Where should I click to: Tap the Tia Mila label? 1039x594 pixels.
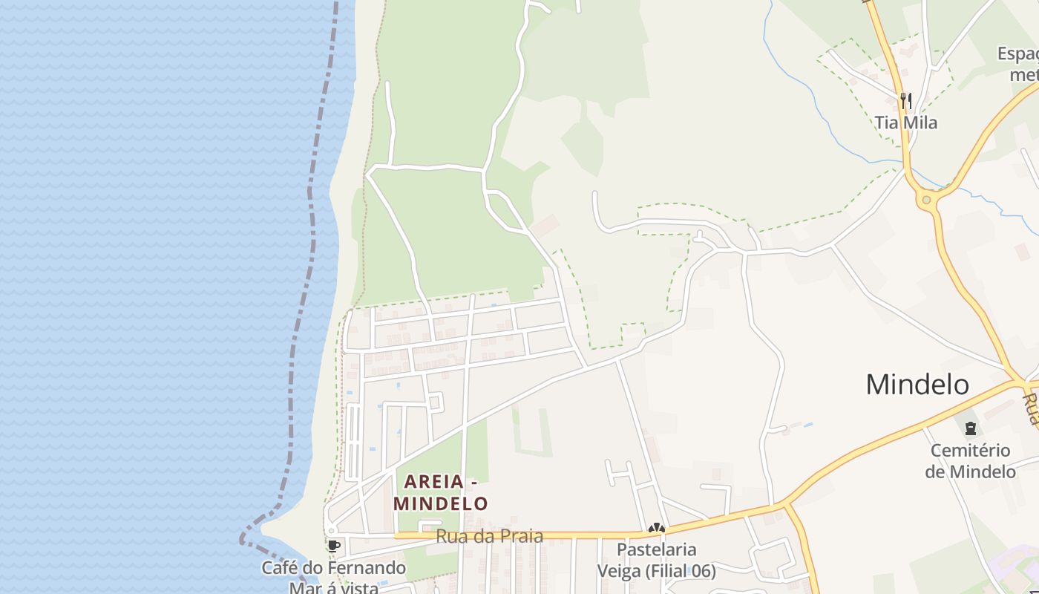click(906, 123)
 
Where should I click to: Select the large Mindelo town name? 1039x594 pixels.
click(917, 385)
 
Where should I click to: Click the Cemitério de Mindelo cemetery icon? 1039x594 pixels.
click(970, 428)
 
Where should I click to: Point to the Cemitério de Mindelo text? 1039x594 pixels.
click(970, 461)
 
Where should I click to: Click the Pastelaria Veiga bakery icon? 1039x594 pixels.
click(656, 529)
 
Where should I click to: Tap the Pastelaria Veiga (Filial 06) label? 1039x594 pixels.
click(657, 560)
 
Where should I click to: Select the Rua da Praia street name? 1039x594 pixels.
click(489, 536)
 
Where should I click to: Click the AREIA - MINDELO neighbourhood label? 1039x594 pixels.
click(441, 492)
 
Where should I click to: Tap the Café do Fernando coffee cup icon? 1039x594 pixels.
click(333, 546)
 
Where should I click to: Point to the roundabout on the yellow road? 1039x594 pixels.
click(925, 200)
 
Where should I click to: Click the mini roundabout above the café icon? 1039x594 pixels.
click(330, 531)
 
